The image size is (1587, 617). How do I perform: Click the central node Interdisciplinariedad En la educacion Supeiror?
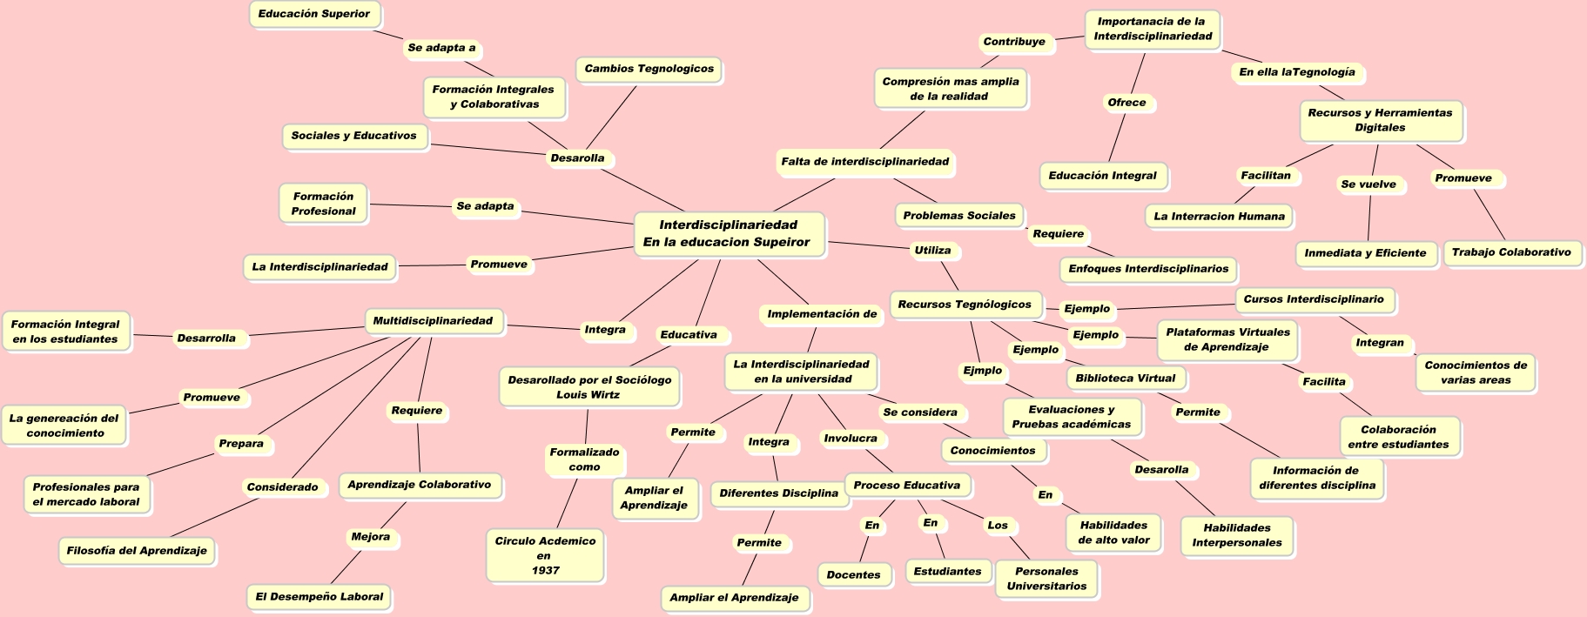pyautogui.click(x=727, y=234)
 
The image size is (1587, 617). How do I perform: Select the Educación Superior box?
pyautogui.click(x=314, y=14)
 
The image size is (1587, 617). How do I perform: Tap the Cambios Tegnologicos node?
pyautogui.click(x=649, y=69)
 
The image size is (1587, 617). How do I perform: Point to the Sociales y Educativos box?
pyautogui.click(x=353, y=136)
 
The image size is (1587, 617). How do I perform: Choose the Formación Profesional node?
pyautogui.click(x=323, y=204)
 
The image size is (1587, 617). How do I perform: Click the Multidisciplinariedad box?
pyautogui.click(x=433, y=321)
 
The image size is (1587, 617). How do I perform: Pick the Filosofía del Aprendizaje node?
pyautogui.click(x=137, y=551)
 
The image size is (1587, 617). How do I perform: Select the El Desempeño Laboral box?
pyautogui.click(x=319, y=597)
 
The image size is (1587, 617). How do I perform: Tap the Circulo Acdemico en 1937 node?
pyautogui.click(x=545, y=555)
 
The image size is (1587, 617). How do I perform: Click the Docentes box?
pyautogui.click(x=853, y=575)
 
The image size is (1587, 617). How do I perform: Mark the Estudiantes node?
pyautogui.click(x=947, y=572)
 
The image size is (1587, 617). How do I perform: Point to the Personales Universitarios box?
pyautogui.click(x=1046, y=579)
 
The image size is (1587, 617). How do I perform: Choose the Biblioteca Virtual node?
pyautogui.click(x=1125, y=379)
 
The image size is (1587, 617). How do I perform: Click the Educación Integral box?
pyautogui.click(x=1102, y=176)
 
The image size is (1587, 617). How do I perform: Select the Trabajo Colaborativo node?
pyautogui.click(x=1510, y=253)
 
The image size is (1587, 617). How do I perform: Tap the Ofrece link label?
pyautogui.click(x=1126, y=103)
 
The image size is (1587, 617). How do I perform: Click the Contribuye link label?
pyautogui.click(x=1014, y=42)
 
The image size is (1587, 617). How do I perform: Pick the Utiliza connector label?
pyautogui.click(x=932, y=251)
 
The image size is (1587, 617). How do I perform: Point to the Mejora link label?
pyautogui.click(x=370, y=537)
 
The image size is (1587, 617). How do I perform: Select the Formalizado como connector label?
pyautogui.click(x=584, y=459)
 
